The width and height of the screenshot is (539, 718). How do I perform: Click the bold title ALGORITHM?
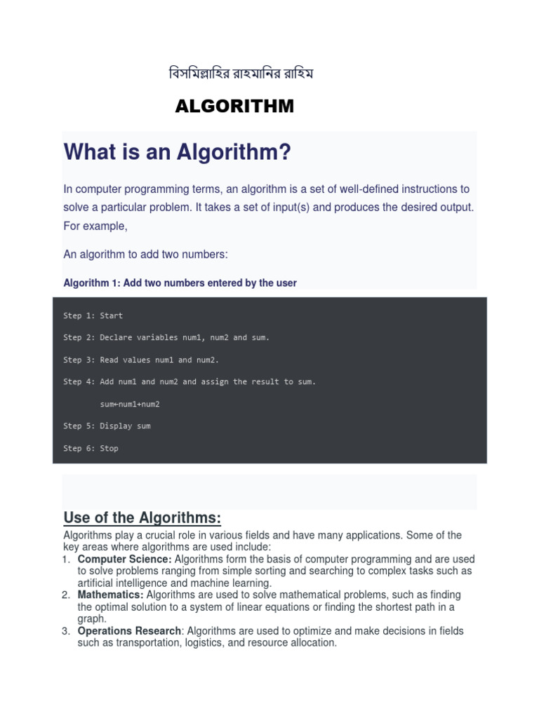click(x=234, y=107)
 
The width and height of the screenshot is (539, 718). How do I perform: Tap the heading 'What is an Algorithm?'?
click(x=177, y=151)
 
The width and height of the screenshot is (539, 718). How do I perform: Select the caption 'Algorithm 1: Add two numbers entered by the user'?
click(x=180, y=283)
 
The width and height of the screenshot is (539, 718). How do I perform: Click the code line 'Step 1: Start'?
click(x=93, y=316)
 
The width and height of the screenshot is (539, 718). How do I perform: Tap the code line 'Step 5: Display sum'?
click(x=107, y=426)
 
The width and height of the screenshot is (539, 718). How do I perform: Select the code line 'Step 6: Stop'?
click(x=91, y=448)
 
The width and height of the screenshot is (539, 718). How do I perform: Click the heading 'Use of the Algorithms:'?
click(x=142, y=518)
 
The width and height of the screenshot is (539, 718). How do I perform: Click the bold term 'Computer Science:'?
click(x=125, y=560)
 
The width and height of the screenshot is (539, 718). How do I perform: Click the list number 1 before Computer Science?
click(x=66, y=560)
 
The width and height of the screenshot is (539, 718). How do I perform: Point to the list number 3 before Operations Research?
click(x=66, y=631)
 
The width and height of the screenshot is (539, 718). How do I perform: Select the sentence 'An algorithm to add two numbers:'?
click(x=146, y=255)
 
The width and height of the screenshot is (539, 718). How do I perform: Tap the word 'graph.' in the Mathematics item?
click(x=92, y=619)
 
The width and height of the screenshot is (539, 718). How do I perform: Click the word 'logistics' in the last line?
click(x=206, y=643)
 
